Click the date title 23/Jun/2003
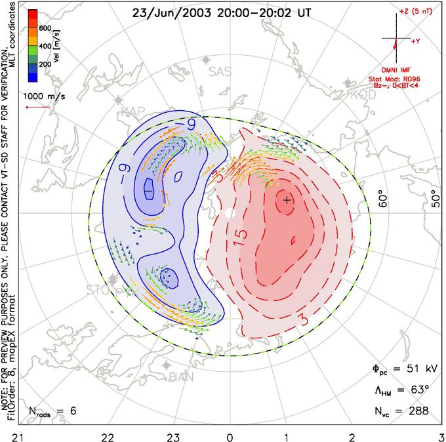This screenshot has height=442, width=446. click(169, 13)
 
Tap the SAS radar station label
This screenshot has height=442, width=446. click(220, 72)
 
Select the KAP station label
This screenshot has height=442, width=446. click(132, 112)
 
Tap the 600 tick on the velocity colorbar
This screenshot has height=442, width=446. click(46, 28)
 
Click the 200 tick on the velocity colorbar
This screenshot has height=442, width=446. click(46, 64)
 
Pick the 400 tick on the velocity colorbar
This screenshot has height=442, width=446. click(46, 46)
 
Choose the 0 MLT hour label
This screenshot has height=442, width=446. click(230, 434)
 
